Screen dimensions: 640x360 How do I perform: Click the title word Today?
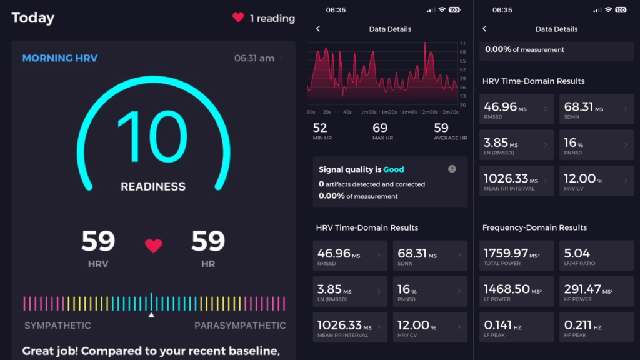tap(33, 18)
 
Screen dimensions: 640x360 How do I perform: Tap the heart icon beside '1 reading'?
tap(238, 17)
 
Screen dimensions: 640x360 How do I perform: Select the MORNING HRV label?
tap(60, 58)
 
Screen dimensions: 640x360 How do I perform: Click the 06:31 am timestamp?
tap(254, 58)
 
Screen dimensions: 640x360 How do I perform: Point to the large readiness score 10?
tap(153, 137)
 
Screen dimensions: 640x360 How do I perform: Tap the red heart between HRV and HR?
tap(154, 246)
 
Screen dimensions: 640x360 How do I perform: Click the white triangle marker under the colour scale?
tap(151, 315)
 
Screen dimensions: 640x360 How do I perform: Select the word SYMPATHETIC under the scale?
tap(57, 326)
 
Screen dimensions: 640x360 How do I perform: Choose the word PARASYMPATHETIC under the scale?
tap(240, 326)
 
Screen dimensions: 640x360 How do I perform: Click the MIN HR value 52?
tap(320, 128)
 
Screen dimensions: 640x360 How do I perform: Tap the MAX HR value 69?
tap(380, 128)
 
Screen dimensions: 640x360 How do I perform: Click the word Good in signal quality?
tap(394, 169)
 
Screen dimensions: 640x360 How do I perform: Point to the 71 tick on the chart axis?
tap(462, 43)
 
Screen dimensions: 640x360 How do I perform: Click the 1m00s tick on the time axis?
tap(369, 112)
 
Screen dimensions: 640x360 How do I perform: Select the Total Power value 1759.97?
tap(506, 253)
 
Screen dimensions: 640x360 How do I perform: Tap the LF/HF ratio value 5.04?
tap(577, 253)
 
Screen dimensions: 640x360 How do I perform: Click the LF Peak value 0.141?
tap(497, 325)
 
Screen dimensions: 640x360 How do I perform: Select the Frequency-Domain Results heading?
tap(535, 227)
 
